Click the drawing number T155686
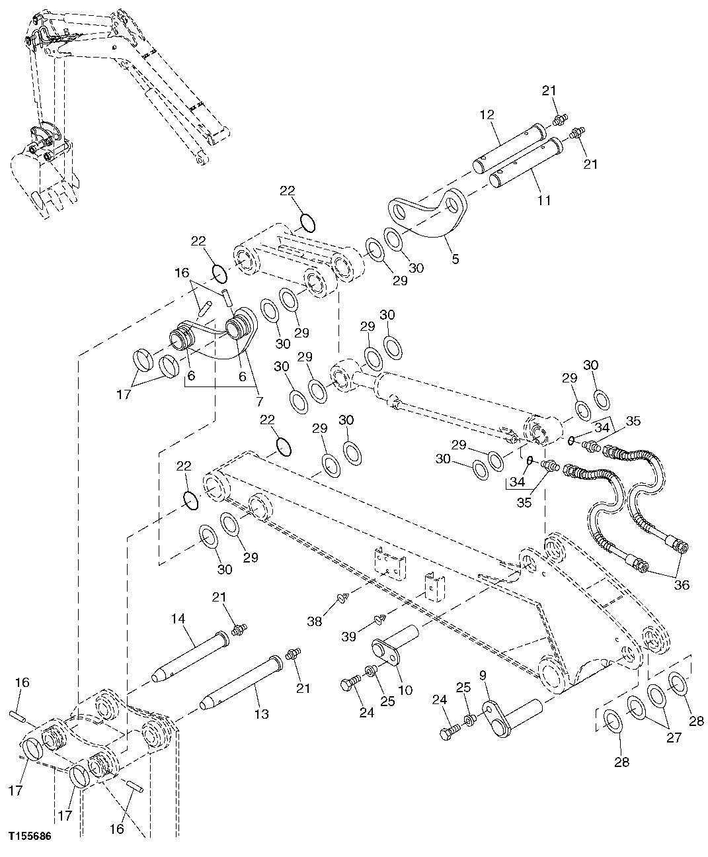click(x=29, y=836)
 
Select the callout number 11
click(x=544, y=199)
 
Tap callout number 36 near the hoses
click(x=681, y=584)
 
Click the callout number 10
click(x=405, y=690)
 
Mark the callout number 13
click(x=261, y=713)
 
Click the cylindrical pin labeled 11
click(x=527, y=161)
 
